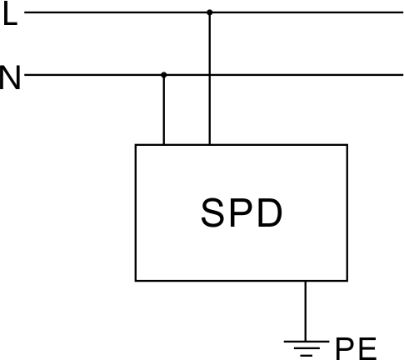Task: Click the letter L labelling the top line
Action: [x=11, y=15]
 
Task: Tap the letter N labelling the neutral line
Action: [x=10, y=77]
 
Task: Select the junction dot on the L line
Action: [x=210, y=12]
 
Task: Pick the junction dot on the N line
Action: [x=164, y=75]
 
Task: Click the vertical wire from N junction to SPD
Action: [x=164, y=110]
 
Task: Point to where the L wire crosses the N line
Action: [x=210, y=75]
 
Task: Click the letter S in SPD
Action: [x=212, y=212]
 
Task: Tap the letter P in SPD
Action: [x=242, y=212]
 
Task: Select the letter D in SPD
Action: [x=270, y=212]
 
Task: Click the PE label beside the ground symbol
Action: [x=356, y=348]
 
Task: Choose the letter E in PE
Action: [x=368, y=348]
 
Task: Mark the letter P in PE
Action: [x=345, y=348]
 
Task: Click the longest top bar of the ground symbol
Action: [x=307, y=342]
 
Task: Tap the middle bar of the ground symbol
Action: [x=307, y=348]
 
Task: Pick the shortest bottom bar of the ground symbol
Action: [x=307, y=355]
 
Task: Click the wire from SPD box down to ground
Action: [x=306, y=311]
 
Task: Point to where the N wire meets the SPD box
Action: [x=164, y=144]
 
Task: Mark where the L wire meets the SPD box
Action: [x=210, y=144]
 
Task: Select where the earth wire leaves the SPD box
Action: [x=306, y=281]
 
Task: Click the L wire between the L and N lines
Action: [x=210, y=43]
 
